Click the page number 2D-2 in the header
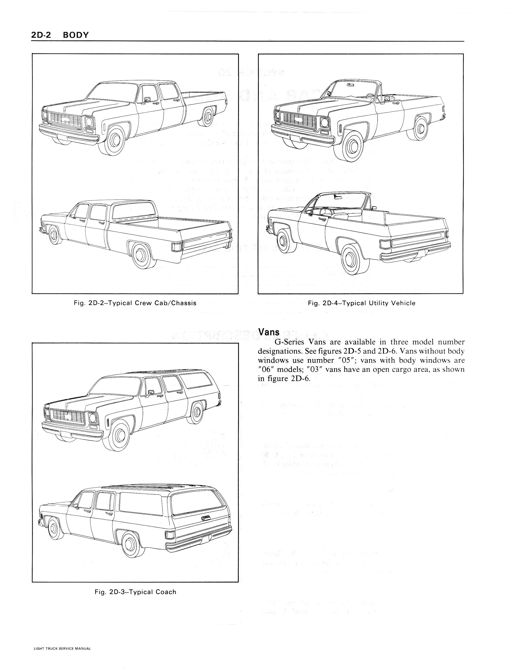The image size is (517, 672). tap(42, 35)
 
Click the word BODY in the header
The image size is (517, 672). tap(75, 35)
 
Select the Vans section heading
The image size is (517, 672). tap(269, 332)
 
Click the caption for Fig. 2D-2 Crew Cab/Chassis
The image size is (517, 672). tap(135, 303)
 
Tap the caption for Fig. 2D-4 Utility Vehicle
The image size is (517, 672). tap(362, 303)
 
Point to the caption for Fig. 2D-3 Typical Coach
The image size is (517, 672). tap(135, 592)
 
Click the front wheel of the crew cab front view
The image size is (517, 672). tap(113, 140)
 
